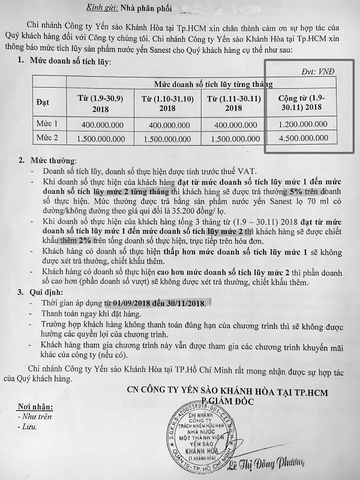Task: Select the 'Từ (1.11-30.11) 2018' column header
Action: tap(232, 104)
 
